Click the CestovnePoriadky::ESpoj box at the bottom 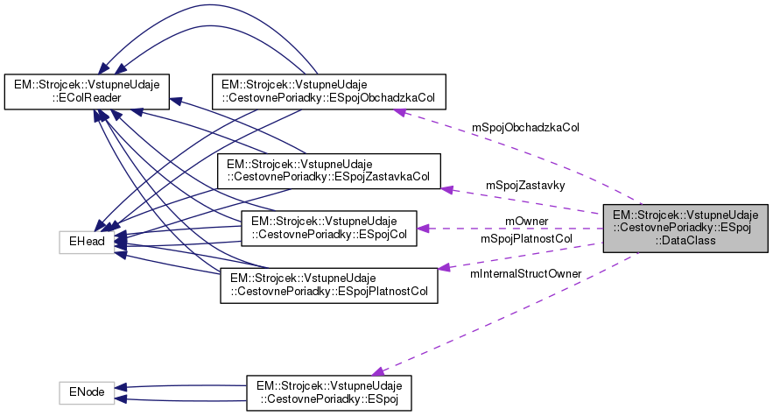[x=328, y=392]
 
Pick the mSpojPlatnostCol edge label [x=526, y=237]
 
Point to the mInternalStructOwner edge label [x=526, y=274]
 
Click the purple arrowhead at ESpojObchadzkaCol [x=398, y=110]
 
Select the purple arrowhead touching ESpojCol [x=423, y=229]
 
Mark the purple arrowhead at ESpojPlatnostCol [x=444, y=267]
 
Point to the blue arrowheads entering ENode [x=123, y=392]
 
